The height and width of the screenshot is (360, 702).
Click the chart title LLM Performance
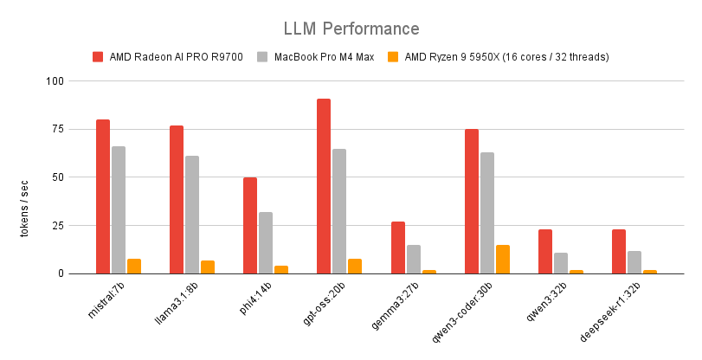(x=351, y=29)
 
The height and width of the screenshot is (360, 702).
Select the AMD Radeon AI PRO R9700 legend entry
(x=164, y=57)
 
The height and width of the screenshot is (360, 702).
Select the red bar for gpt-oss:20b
(x=324, y=186)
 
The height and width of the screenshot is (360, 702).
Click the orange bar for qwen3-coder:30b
(x=503, y=259)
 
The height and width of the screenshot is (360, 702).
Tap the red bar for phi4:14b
(x=250, y=225)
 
